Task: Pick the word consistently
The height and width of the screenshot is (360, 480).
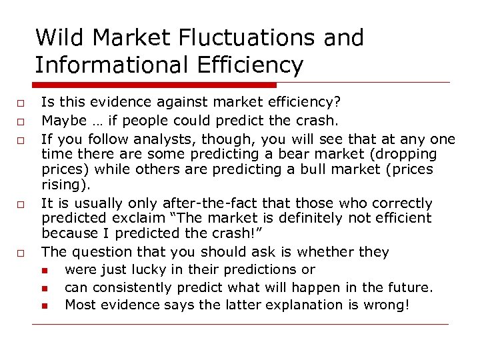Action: (134, 288)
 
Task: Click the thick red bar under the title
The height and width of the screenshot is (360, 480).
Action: (153, 85)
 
